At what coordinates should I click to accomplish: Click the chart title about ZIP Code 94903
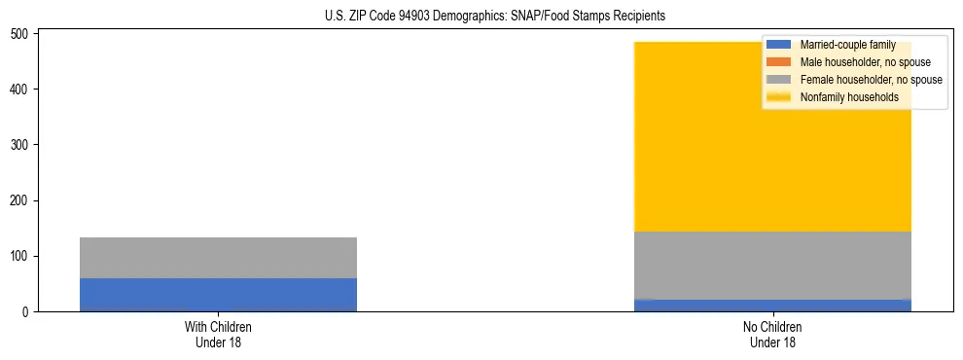click(x=495, y=17)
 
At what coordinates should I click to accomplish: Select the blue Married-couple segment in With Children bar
click(x=218, y=295)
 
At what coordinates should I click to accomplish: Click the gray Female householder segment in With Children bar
click(x=218, y=258)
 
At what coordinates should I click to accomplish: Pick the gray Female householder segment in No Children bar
click(x=772, y=265)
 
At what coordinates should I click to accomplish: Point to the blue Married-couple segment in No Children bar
click(x=772, y=306)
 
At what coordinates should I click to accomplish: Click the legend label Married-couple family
click(x=847, y=45)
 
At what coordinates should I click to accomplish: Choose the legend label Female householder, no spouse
click(x=871, y=80)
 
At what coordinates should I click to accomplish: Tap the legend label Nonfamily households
click(x=849, y=97)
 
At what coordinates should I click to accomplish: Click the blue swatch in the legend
click(x=779, y=45)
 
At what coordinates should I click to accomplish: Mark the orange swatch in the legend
click(x=779, y=62)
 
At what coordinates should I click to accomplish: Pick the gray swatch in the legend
click(x=779, y=80)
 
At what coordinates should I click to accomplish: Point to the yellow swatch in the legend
click(x=779, y=97)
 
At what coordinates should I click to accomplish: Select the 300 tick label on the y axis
click(x=22, y=145)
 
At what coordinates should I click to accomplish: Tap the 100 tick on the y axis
click(x=22, y=256)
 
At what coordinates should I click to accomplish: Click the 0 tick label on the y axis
click(x=27, y=312)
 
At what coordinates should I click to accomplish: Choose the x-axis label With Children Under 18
click(x=218, y=335)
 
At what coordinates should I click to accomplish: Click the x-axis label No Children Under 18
click(x=772, y=335)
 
